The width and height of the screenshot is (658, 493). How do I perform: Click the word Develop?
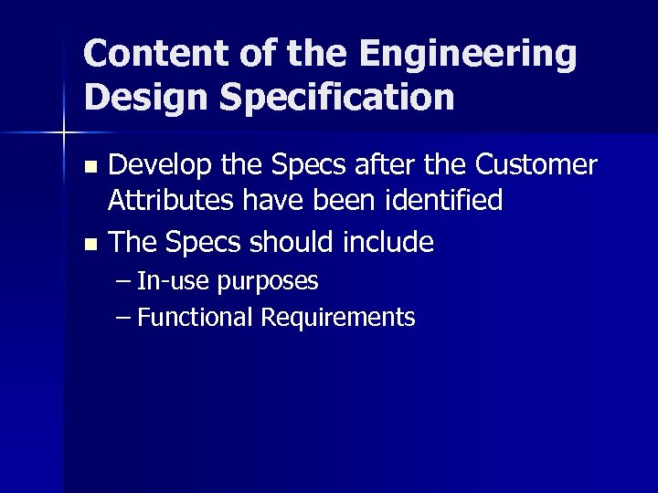(x=161, y=167)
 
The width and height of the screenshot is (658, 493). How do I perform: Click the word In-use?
(x=172, y=281)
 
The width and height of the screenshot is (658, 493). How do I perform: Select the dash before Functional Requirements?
(x=123, y=318)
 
